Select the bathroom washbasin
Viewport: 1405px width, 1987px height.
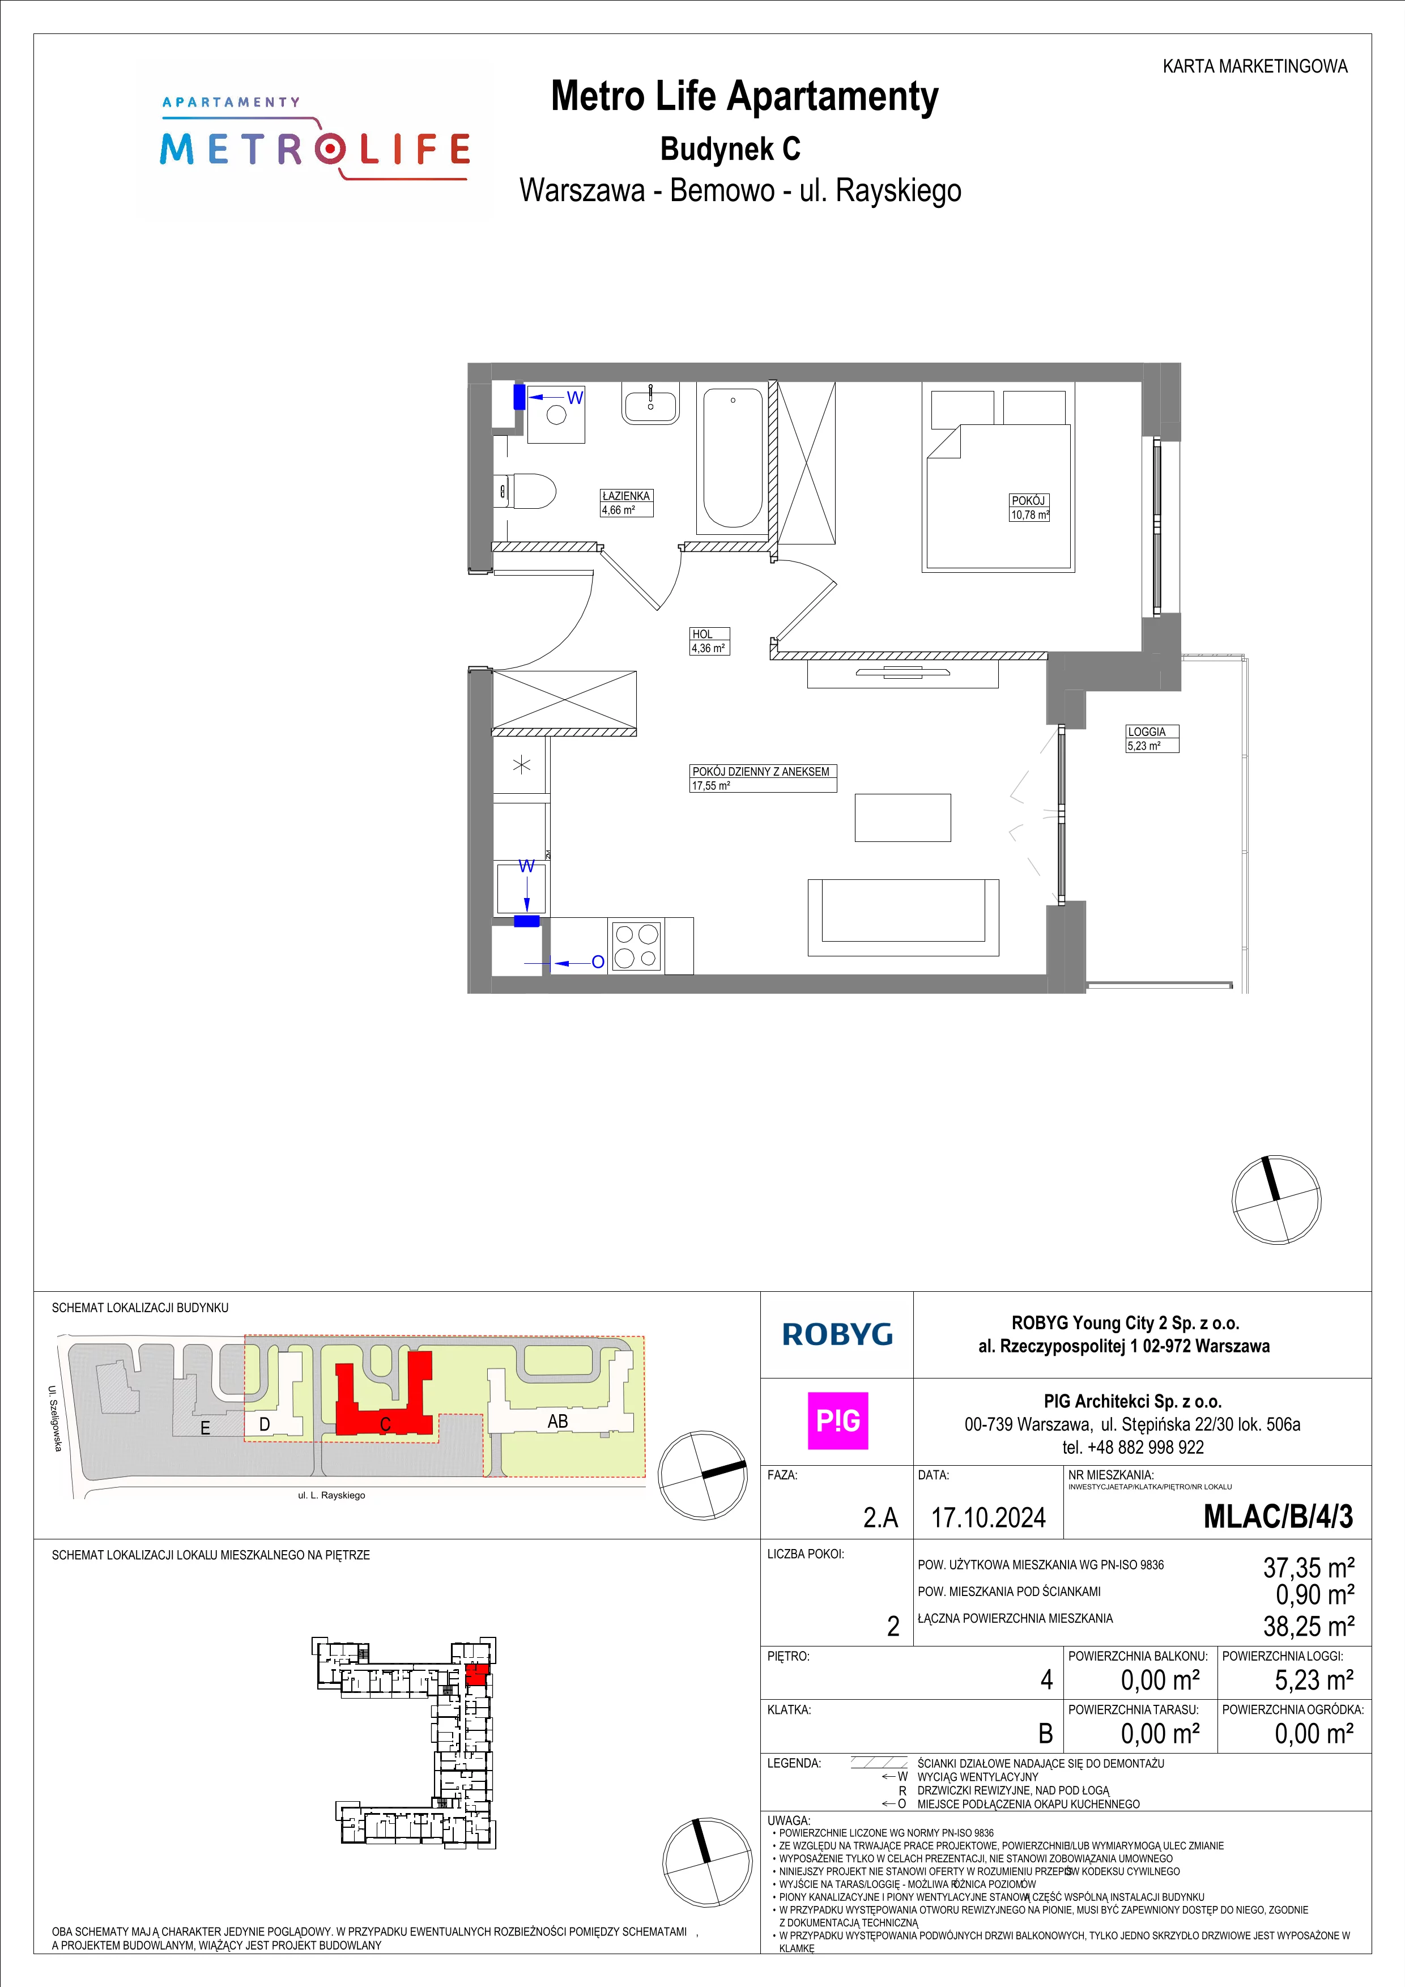click(650, 403)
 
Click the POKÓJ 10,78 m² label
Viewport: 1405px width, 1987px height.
click(1029, 507)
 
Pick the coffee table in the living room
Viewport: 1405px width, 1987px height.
click(902, 817)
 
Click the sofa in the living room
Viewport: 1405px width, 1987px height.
click(903, 917)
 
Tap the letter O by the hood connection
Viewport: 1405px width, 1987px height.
click(597, 961)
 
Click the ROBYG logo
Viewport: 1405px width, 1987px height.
click(837, 1334)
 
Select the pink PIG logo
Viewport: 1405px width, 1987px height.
click(837, 1420)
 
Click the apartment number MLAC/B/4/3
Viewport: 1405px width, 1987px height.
click(1278, 1517)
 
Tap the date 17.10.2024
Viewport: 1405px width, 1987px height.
click(988, 1518)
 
